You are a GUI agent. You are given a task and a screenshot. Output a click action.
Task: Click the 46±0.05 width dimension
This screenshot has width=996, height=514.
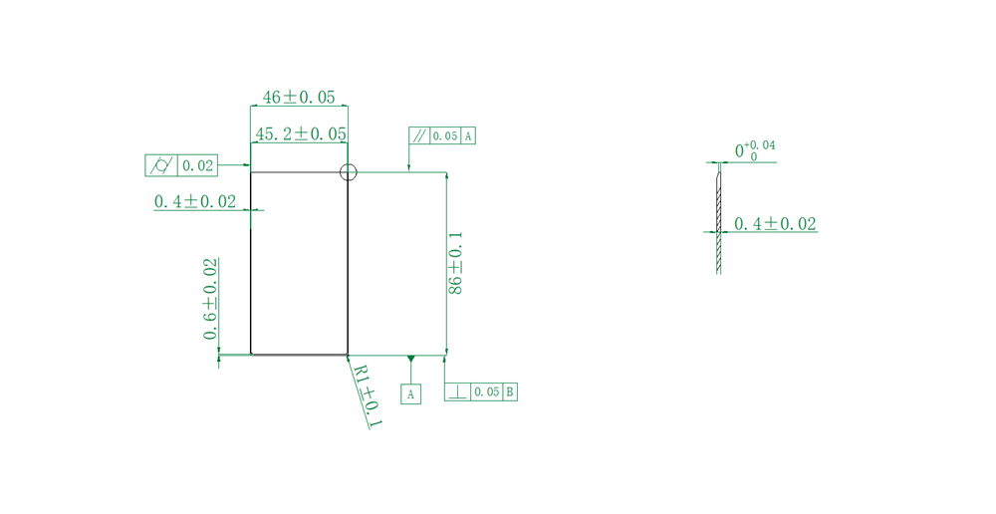click(x=299, y=98)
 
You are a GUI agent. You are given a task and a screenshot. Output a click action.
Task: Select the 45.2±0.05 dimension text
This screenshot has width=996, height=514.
click(x=301, y=133)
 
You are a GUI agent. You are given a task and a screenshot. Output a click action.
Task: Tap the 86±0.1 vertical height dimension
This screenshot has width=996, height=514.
click(x=455, y=263)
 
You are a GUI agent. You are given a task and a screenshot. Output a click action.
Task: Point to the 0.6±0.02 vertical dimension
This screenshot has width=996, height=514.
click(x=211, y=299)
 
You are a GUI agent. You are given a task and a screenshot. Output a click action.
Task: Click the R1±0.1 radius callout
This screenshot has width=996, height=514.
click(x=367, y=395)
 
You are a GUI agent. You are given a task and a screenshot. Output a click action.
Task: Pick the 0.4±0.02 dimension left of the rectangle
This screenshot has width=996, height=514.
click(x=195, y=201)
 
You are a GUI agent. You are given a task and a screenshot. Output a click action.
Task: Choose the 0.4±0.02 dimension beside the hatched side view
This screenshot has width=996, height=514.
click(x=775, y=224)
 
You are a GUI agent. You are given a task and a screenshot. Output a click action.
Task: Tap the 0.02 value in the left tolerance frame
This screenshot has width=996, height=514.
click(x=198, y=165)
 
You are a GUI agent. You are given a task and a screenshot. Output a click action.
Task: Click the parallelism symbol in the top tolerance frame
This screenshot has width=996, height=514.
click(x=419, y=135)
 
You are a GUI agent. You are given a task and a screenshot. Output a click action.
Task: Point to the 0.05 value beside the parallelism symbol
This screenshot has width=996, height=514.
click(x=445, y=135)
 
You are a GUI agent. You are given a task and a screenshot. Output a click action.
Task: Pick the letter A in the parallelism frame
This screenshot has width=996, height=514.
click(x=468, y=135)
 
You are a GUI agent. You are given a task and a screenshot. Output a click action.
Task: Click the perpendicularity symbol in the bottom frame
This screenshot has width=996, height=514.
click(x=457, y=391)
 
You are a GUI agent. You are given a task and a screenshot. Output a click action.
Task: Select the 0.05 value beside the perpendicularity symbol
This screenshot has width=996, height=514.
click(x=487, y=391)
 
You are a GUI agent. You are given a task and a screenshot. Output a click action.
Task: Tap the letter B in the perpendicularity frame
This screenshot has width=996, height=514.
click(x=510, y=391)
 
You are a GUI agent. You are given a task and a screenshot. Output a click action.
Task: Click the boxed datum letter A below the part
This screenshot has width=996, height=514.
click(x=411, y=394)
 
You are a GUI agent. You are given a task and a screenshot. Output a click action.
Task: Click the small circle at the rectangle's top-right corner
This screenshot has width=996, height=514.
click(x=348, y=172)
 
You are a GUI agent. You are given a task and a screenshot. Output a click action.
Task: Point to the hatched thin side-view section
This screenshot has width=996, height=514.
click(x=718, y=214)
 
